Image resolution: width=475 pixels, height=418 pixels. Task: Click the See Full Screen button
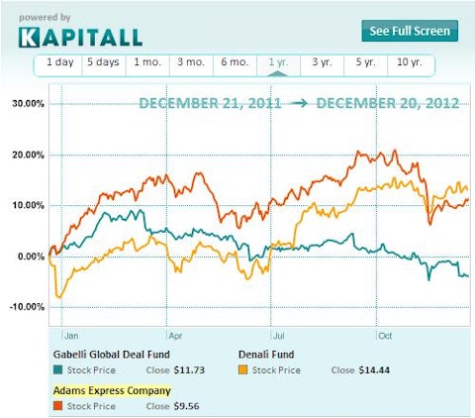(x=409, y=31)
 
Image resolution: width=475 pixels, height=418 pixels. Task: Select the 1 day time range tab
(x=59, y=62)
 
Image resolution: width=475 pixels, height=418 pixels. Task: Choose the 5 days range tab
(x=103, y=62)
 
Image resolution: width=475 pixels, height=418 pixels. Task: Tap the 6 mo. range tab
(x=235, y=62)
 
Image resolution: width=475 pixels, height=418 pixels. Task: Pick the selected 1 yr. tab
(x=279, y=62)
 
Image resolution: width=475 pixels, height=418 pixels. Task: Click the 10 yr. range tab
(x=409, y=62)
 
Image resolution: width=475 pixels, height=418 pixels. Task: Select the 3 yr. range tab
(x=323, y=62)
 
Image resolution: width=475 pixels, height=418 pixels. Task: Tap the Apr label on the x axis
(x=175, y=335)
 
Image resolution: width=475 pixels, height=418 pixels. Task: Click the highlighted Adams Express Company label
(x=112, y=390)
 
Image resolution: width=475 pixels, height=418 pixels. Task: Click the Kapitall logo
(x=81, y=37)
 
